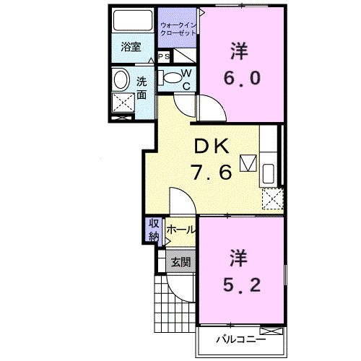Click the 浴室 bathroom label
coord(130,48)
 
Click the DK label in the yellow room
coord(210,146)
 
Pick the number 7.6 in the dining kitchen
coord(210,173)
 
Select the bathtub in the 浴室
coord(131,20)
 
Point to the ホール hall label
coord(180,230)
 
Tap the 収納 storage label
coord(154,229)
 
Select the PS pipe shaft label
coord(164,56)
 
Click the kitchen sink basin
coord(269,174)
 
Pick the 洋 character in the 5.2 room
coord(240,256)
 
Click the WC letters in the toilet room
coord(186,79)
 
